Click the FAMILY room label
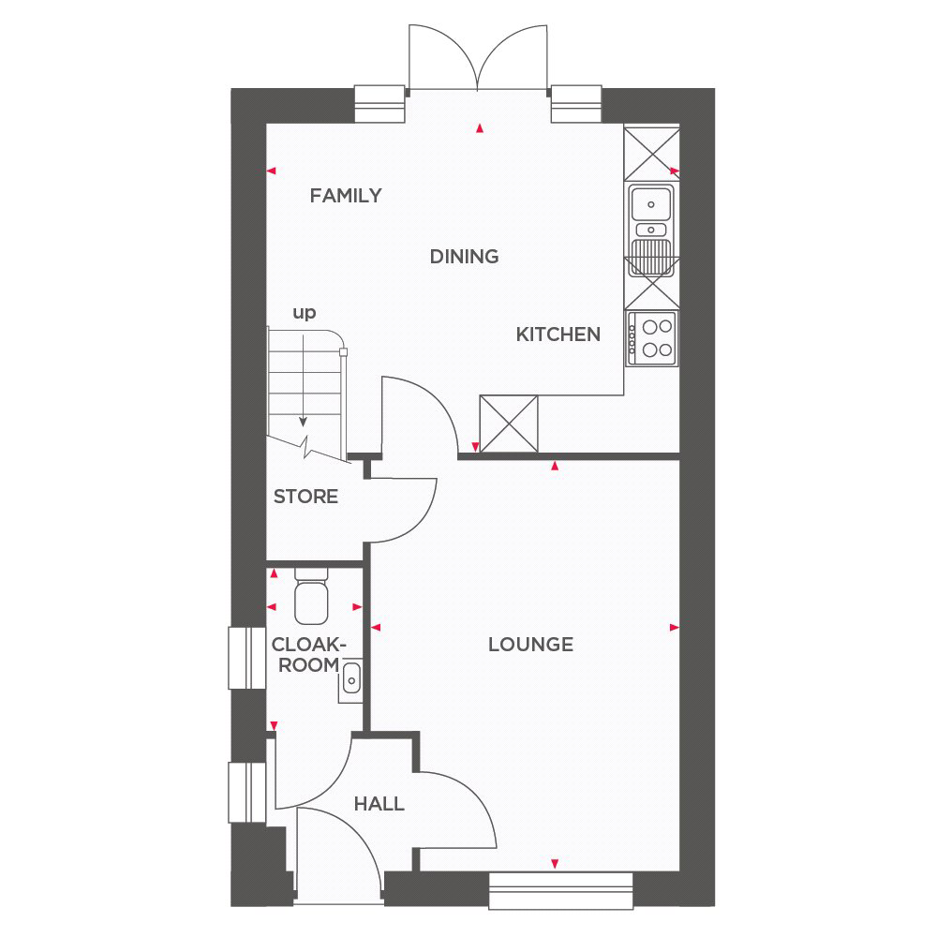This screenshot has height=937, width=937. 346,196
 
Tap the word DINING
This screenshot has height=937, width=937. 465,257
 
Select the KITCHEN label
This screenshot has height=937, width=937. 558,335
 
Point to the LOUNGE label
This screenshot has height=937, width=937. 530,645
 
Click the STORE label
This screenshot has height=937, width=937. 305,496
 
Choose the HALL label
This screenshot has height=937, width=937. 379,804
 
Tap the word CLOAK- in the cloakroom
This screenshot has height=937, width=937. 309,645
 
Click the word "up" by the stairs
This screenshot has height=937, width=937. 305,313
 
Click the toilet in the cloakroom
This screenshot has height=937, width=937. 311,596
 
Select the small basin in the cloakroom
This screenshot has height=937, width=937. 350,680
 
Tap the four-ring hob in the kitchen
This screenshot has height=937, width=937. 651,338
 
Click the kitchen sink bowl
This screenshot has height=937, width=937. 651,203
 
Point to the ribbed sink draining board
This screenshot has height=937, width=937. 651,257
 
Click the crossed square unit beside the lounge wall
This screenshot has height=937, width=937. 509,424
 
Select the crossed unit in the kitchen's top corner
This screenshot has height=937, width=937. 651,154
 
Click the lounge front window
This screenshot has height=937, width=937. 560,891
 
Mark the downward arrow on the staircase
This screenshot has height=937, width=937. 303,380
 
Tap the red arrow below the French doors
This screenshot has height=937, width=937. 479,127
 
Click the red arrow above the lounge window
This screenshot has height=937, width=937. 555,864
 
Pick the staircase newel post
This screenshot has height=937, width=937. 343,352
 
